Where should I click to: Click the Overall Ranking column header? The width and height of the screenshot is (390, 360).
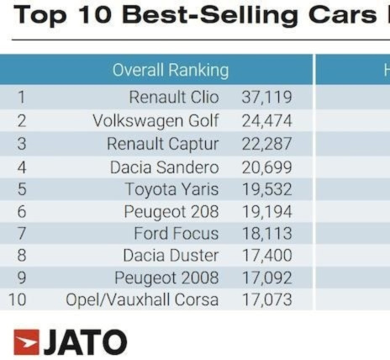pos(171,70)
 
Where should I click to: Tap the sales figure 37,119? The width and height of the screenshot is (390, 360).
pos(266,98)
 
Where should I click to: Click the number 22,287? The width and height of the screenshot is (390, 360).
pos(266,144)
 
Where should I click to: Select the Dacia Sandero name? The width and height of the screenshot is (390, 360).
pos(164,167)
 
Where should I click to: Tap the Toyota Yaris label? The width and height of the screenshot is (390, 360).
pos(171,189)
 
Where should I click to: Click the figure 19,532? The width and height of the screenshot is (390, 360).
pos(266,189)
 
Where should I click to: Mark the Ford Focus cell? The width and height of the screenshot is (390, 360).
pos(176,234)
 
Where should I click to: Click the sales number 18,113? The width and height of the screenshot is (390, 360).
pos(266,234)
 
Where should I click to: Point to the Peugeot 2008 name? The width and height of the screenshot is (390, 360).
pos(166,278)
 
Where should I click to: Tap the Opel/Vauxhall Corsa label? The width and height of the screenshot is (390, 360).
pos(142,299)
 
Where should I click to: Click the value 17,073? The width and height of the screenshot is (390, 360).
pos(266,299)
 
